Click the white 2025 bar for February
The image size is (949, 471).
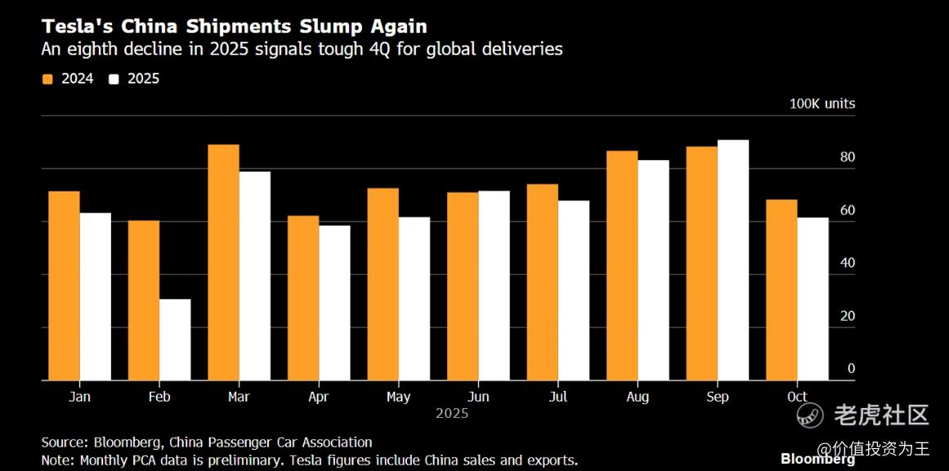point(175,339)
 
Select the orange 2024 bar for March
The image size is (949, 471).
point(223,262)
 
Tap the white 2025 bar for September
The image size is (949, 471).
point(732,260)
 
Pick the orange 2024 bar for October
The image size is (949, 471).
point(781,289)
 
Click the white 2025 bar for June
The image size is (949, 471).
point(494,285)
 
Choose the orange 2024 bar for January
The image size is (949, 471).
point(64,285)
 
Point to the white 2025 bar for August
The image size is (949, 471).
point(653,270)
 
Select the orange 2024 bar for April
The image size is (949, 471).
point(302,298)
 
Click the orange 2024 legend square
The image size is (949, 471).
point(47,79)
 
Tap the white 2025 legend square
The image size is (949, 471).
point(114,79)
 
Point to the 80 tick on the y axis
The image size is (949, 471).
point(848,158)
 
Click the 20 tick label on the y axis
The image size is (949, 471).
point(848,316)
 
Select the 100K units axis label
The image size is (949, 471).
point(821,104)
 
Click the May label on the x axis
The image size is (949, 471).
point(398,397)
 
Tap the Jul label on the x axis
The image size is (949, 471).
point(558,397)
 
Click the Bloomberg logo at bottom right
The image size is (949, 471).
point(817,459)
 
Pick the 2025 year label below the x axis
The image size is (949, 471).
point(452,414)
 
